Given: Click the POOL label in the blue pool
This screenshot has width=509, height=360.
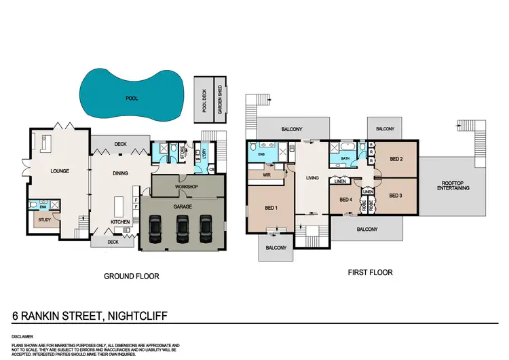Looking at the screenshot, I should (x=132, y=98).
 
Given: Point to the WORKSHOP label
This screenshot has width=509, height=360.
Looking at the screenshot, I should (x=185, y=185).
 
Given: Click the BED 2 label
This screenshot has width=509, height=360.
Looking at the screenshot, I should (x=397, y=160).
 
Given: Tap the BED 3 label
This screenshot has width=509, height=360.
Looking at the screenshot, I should (x=396, y=196).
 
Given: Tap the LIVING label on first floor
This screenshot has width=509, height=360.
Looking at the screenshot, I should (x=312, y=179).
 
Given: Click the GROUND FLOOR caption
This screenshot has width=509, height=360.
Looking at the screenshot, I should (x=131, y=276).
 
